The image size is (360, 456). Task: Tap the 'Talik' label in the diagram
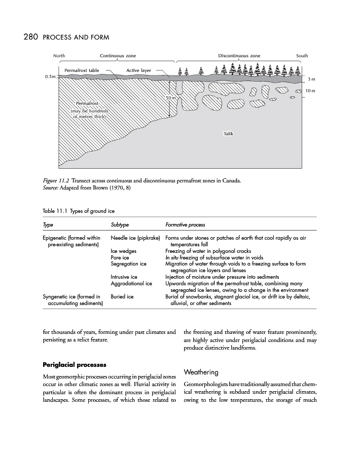[x=228, y=134]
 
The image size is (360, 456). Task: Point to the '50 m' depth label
[x=171, y=97]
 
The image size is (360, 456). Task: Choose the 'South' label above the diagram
[x=302, y=55]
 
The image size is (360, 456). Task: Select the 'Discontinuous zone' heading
[x=239, y=55]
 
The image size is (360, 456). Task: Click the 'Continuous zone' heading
[x=118, y=55]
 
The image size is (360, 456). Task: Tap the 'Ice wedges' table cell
[x=123, y=251]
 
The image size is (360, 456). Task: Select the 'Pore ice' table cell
[x=120, y=257]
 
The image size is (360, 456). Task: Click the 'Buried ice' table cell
[x=122, y=296]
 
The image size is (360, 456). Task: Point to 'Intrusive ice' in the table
[x=124, y=277]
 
